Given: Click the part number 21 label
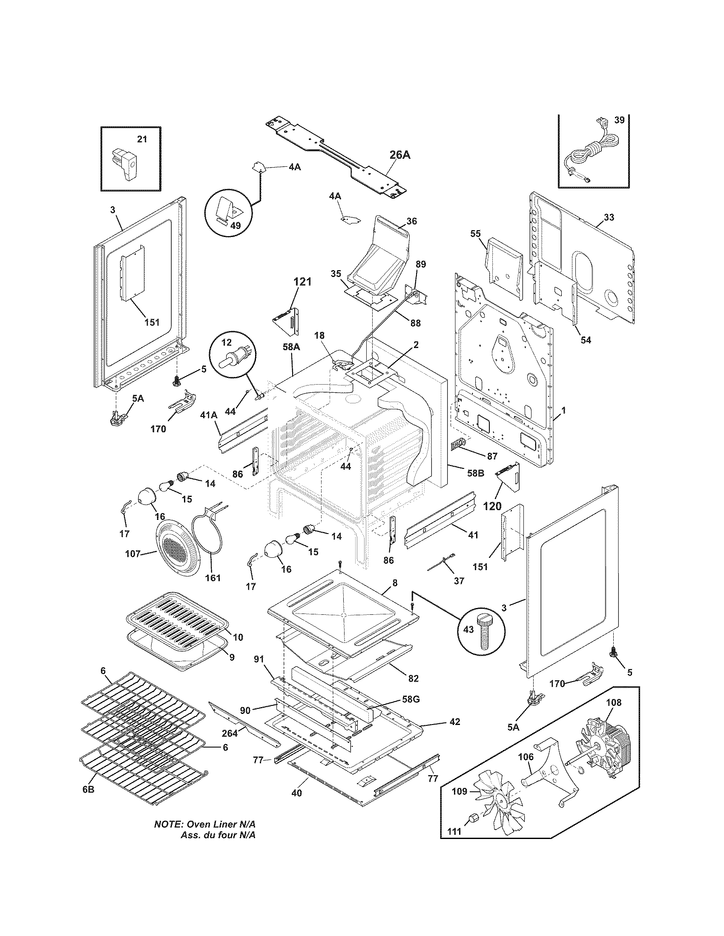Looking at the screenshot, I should coord(141,139).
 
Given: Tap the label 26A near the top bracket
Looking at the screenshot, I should coord(400,155).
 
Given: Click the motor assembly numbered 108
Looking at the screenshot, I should coord(605,742).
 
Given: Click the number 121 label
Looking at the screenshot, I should coord(302,282).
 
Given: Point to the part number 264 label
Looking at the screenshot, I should coord(230,733).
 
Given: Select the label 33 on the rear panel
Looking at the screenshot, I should coord(608,217).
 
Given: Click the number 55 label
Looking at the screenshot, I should coord(475,234).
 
